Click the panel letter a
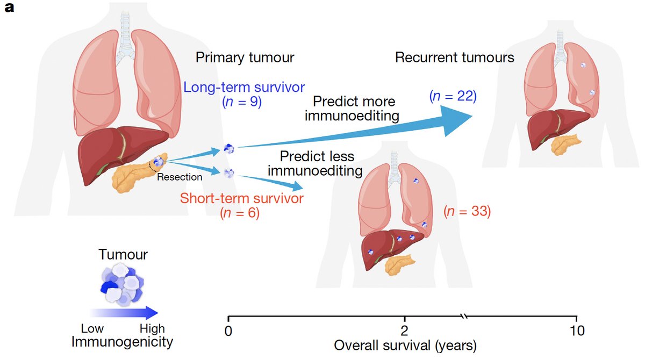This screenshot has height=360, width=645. [9, 8]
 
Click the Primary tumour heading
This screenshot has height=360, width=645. [245, 57]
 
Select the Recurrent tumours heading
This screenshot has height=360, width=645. [454, 57]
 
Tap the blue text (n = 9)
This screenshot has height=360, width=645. [241, 102]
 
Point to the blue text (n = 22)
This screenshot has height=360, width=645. [453, 96]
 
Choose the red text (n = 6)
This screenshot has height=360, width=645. [240, 213]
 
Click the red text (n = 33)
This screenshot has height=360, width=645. [467, 211]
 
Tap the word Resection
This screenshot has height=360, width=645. [180, 177]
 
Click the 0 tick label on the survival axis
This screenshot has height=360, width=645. [228, 331]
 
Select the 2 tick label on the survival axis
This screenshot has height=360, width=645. [404, 331]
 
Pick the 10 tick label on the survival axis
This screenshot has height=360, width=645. [577, 331]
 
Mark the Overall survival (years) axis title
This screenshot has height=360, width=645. [405, 345]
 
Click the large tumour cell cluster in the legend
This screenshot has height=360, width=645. [122, 285]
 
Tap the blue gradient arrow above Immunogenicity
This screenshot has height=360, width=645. [124, 313]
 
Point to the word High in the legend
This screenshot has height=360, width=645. [152, 328]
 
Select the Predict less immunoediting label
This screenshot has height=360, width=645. [316, 163]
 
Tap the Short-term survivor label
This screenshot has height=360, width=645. [242, 198]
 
